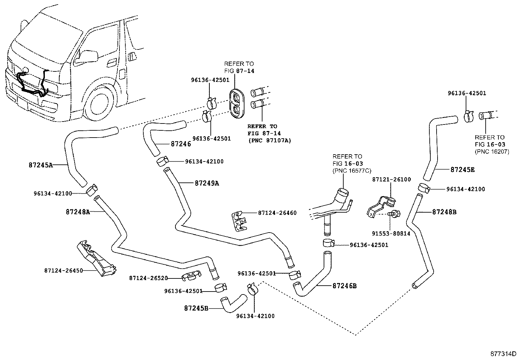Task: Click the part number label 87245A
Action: [x=41, y=165]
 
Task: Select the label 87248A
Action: [x=78, y=212]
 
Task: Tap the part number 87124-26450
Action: [x=63, y=271]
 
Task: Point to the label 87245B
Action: [x=196, y=308]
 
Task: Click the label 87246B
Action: [x=344, y=286]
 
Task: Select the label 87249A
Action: [x=207, y=183]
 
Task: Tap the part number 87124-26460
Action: [x=277, y=213]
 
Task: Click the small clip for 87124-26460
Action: [x=239, y=221]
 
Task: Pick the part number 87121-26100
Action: [x=391, y=180]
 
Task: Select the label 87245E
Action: [x=462, y=170]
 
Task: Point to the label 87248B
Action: [x=444, y=212]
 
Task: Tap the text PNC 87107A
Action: [x=269, y=141]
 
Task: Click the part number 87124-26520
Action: [x=148, y=278]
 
